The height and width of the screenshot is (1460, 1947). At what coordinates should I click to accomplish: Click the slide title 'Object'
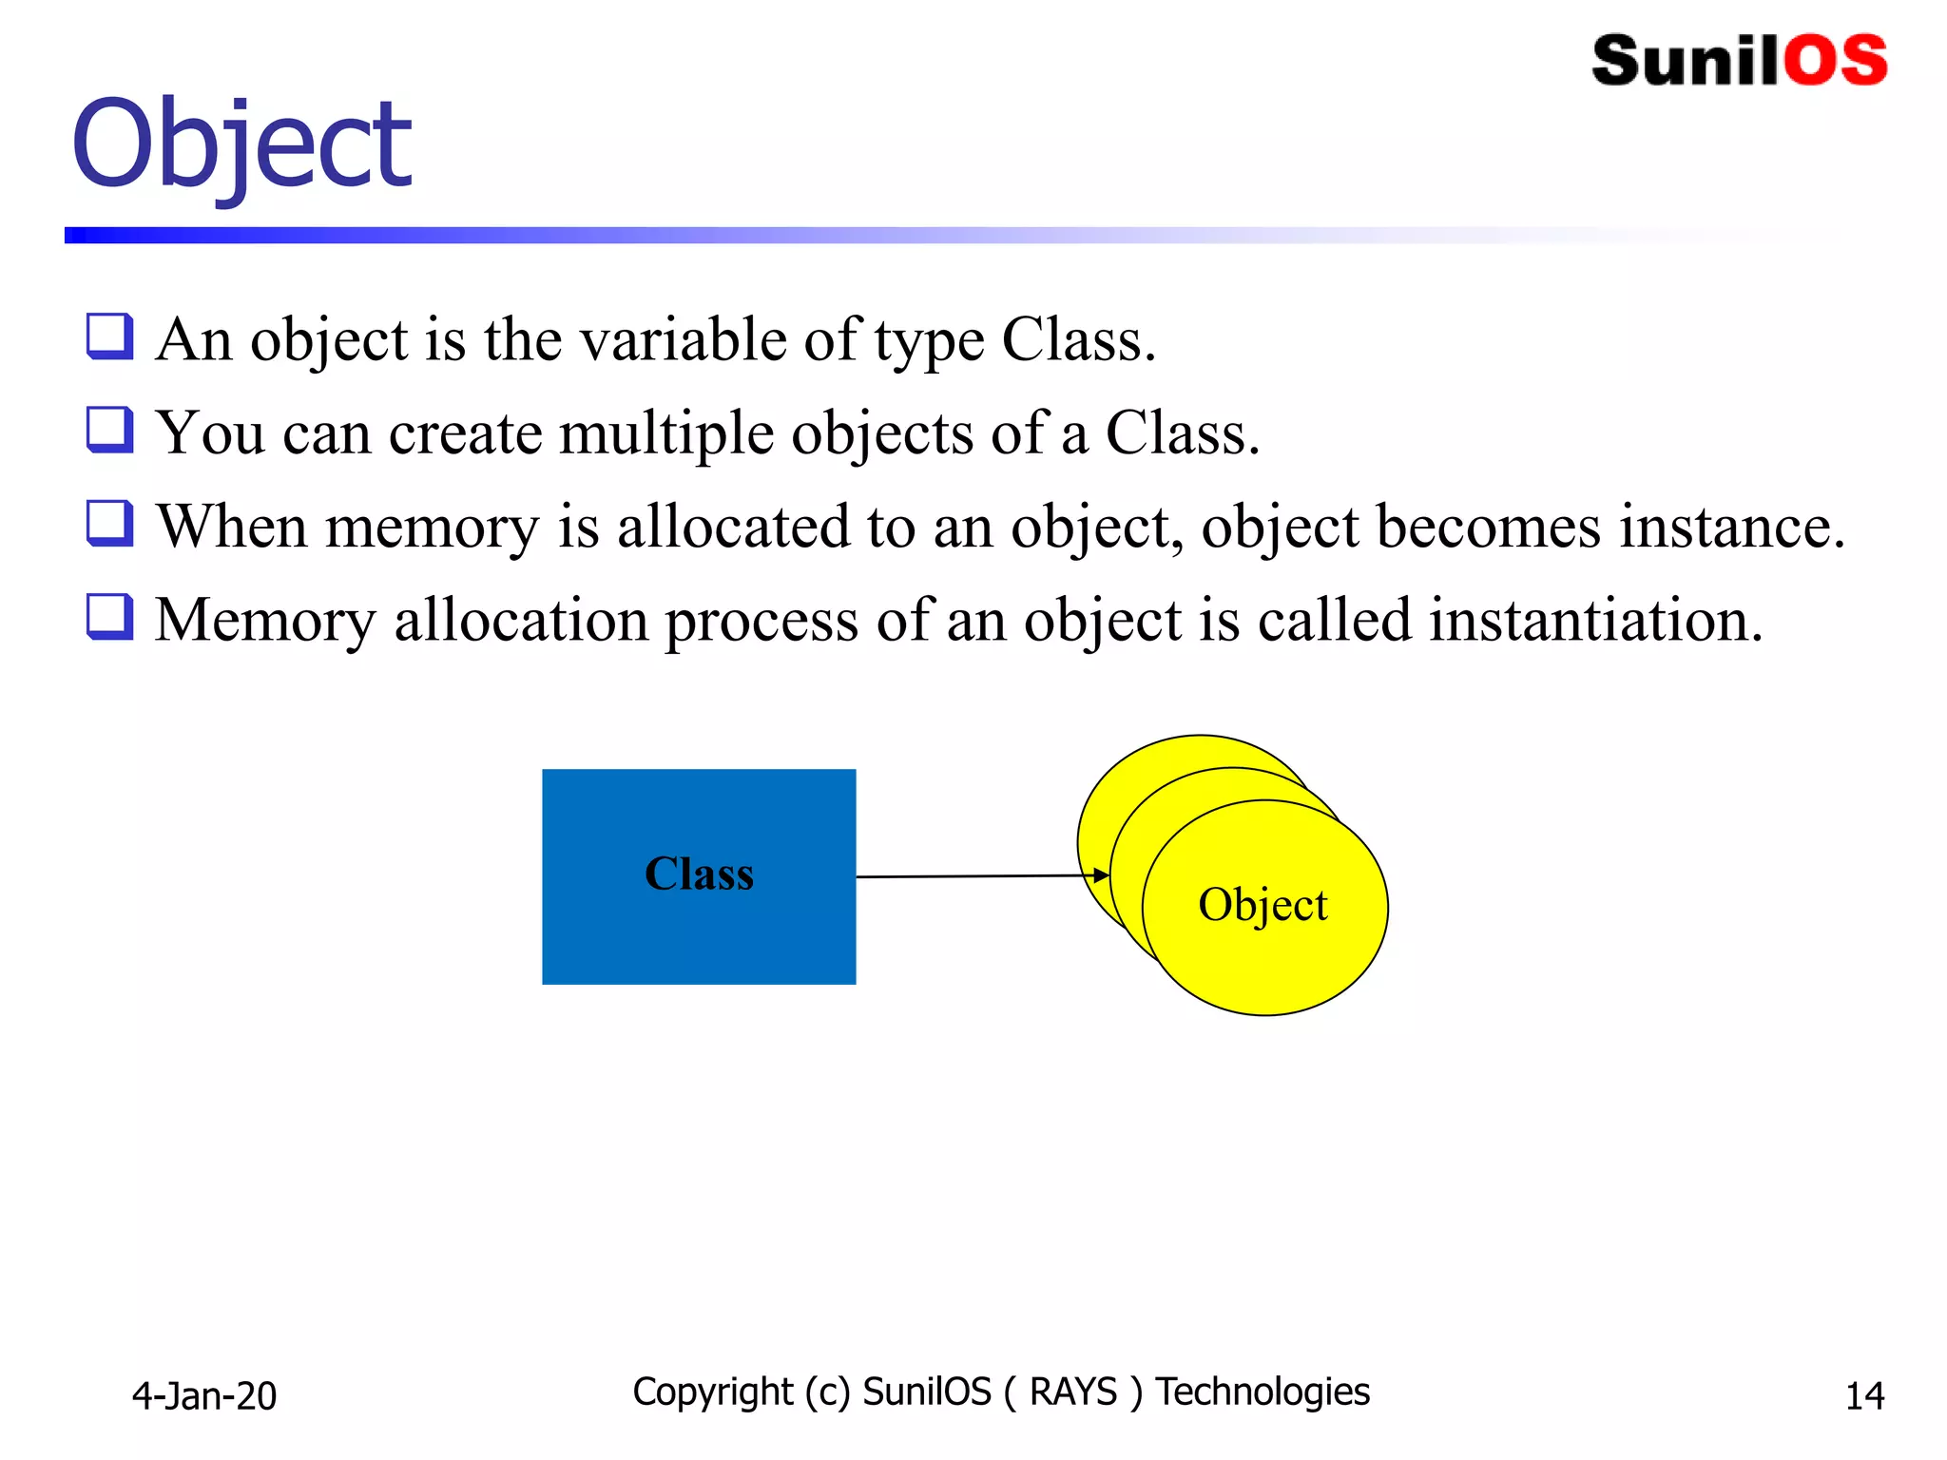(x=241, y=144)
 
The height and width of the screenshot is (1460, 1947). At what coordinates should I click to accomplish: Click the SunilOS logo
(x=1739, y=60)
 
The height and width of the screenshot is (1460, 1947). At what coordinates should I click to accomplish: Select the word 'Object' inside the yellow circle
(x=1263, y=904)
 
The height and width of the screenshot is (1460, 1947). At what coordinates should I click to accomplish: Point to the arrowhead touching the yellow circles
(x=1101, y=874)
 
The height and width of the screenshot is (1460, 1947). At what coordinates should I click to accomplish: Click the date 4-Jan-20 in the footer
(x=203, y=1395)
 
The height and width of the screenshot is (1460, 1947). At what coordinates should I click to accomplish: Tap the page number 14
(x=1864, y=1395)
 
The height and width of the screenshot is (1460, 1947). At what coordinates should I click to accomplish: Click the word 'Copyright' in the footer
(x=712, y=1392)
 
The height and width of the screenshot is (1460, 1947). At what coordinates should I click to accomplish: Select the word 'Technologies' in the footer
(x=1263, y=1392)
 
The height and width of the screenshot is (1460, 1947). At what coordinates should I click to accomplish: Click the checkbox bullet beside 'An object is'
(x=109, y=336)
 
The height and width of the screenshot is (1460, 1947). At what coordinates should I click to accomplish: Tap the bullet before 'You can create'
(x=109, y=430)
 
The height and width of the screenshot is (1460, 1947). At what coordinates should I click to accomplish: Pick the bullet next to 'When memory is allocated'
(x=109, y=523)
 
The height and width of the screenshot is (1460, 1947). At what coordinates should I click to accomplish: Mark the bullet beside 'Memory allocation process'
(x=109, y=616)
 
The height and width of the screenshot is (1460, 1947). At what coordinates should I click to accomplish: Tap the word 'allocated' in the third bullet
(x=733, y=527)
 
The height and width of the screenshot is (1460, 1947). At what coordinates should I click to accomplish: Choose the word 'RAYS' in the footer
(x=1072, y=1392)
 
